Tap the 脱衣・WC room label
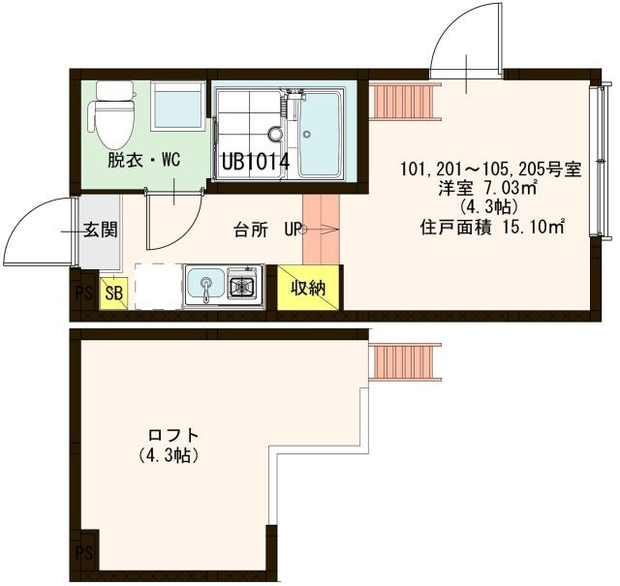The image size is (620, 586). click(144, 160)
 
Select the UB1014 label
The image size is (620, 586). click(256, 162)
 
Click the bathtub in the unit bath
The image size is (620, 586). click(320, 135)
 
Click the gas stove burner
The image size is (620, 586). click(241, 285)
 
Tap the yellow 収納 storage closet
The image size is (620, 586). click(308, 288)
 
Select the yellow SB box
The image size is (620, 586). click(114, 293)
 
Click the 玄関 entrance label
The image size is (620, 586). click(101, 230)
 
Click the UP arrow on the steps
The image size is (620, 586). click(320, 230)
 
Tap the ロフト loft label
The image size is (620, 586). click(173, 435)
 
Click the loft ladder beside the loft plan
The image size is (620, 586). click(405, 362)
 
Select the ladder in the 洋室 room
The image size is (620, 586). click(405, 101)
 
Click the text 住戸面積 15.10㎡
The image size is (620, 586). click(491, 228)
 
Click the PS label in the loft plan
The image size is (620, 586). click(84, 552)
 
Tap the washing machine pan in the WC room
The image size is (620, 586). click(178, 106)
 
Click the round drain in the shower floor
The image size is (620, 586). click(274, 134)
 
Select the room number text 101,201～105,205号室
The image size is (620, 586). click(491, 170)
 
